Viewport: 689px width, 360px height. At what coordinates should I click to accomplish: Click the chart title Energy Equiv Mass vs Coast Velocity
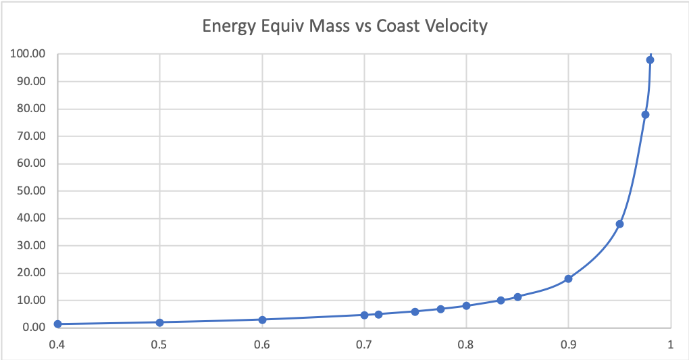[x=345, y=27]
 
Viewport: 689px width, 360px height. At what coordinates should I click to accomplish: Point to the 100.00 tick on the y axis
[x=28, y=54]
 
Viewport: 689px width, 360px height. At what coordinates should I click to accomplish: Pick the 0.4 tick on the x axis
[x=57, y=343]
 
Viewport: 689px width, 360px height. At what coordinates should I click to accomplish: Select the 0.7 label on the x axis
[x=364, y=343]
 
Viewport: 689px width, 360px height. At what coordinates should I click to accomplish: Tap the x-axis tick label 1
[x=670, y=343]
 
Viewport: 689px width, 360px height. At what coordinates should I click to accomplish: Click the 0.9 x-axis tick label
[x=568, y=343]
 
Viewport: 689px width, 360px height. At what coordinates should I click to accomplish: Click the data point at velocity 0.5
[x=159, y=322]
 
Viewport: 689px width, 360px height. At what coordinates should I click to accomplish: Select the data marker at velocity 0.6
[x=262, y=319]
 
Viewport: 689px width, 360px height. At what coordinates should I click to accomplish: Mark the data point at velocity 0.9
[x=568, y=278]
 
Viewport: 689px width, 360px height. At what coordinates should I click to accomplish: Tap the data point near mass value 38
[x=619, y=224]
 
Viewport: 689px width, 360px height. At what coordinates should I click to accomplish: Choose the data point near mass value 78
[x=645, y=114]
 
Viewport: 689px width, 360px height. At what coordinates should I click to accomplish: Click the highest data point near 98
[x=650, y=59]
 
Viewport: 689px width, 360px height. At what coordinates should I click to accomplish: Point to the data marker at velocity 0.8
[x=466, y=305]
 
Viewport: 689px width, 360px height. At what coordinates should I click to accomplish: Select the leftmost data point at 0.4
[x=57, y=324]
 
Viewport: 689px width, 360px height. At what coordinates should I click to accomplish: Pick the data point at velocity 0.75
[x=415, y=311]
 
